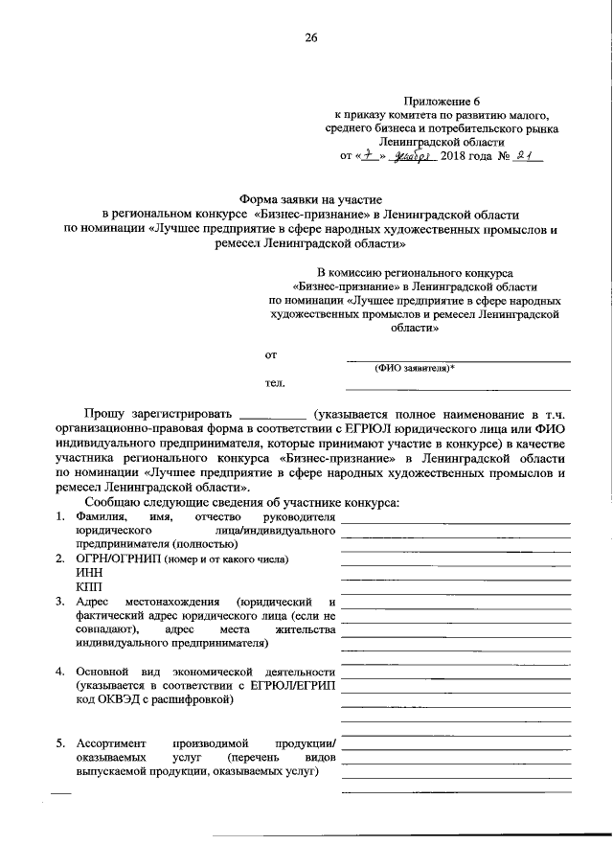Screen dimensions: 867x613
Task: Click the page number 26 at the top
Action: [x=310, y=38]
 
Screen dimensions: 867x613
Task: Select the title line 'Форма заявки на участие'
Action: [x=310, y=195]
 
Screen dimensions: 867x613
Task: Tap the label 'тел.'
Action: [x=275, y=383]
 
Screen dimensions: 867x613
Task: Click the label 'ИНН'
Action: [x=88, y=571]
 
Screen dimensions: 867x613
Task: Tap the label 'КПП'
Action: [x=87, y=586]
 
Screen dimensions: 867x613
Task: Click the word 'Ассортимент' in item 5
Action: [x=111, y=742]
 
